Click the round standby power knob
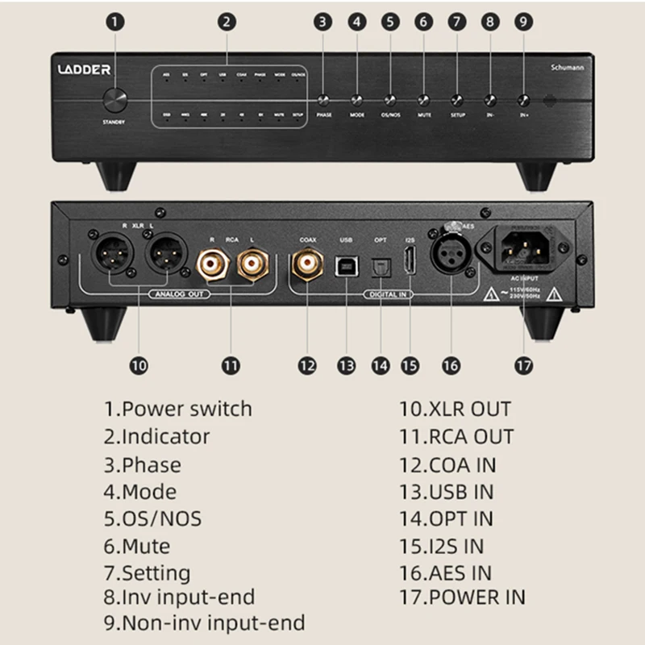[115, 101]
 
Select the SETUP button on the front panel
[457, 101]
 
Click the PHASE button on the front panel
[324, 101]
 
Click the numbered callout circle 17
[523, 364]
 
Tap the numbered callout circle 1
[116, 22]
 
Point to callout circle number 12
[306, 364]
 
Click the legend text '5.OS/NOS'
[152, 518]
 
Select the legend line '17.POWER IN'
[463, 597]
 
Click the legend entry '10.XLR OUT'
[456, 409]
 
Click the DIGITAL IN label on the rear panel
[387, 294]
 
